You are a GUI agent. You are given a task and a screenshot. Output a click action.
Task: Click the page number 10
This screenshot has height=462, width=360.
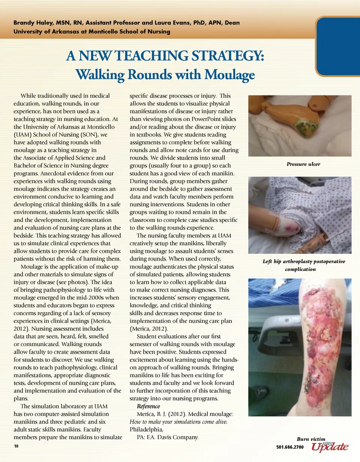16,447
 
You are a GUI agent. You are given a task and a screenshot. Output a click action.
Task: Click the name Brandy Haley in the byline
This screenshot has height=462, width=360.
30,23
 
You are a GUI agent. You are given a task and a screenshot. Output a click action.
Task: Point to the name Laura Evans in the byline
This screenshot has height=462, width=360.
167,23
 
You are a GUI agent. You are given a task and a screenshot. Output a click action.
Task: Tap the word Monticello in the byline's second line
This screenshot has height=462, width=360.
102,31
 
